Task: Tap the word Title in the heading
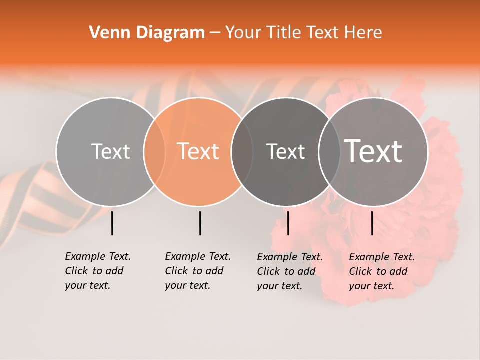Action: coord(284,33)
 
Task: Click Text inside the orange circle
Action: coord(198,151)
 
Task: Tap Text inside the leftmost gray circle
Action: coord(110,151)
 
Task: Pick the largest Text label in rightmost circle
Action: coord(373,151)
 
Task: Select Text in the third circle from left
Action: coord(285,151)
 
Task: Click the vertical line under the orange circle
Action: coord(200,223)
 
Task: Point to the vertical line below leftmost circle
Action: coord(112,223)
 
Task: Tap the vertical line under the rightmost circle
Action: coord(372,223)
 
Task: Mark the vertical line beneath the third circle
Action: coord(288,223)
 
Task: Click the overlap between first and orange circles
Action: coord(154,151)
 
